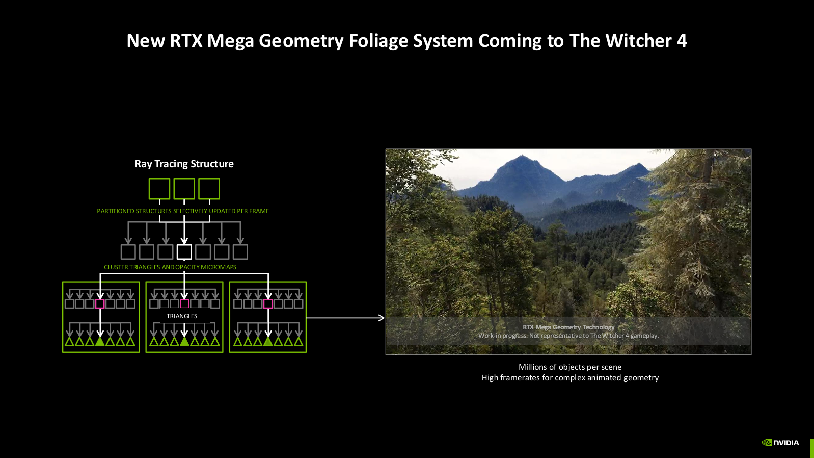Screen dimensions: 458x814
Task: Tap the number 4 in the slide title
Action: pos(682,41)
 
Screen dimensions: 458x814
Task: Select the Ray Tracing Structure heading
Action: pos(184,164)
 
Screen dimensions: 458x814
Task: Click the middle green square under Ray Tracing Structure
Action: pos(184,189)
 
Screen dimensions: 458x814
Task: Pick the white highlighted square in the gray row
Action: pos(184,251)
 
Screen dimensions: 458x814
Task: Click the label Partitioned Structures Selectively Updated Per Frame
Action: pos(183,211)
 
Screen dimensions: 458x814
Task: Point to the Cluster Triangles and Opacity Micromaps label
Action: pos(170,267)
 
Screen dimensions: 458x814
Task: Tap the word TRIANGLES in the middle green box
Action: pos(182,316)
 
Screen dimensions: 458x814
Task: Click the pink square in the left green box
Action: pos(100,304)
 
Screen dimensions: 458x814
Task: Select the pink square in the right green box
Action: pos(268,304)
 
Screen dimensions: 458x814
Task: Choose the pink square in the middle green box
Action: pos(184,304)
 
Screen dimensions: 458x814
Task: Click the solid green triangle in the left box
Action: pos(100,341)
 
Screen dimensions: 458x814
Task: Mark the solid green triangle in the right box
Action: pos(268,341)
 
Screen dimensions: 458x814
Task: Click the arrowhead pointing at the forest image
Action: pos(381,318)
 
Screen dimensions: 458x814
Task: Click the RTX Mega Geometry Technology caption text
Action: pos(568,327)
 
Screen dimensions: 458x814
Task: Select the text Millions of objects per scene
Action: pos(570,367)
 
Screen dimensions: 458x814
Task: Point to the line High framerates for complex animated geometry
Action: pos(570,378)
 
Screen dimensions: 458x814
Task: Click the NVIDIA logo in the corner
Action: pos(780,443)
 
